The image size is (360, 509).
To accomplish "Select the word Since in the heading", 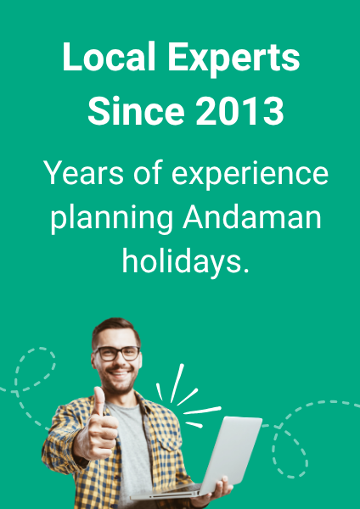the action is pos(136,110).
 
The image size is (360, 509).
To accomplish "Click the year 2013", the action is pos(239,110).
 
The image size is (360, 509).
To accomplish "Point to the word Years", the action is pos(84,172).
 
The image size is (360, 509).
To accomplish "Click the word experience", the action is pos(250,175).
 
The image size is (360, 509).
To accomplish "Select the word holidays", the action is pos(186,262).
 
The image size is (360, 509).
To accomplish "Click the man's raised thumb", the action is pos(98,402).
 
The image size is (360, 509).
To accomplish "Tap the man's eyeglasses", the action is pos(117,354).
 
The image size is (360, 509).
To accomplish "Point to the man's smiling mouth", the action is pos(119,373).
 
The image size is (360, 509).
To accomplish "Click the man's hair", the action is pos(115,330).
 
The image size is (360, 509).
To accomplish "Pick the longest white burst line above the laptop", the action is pos(177,383).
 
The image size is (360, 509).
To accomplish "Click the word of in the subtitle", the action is pos(148,172).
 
